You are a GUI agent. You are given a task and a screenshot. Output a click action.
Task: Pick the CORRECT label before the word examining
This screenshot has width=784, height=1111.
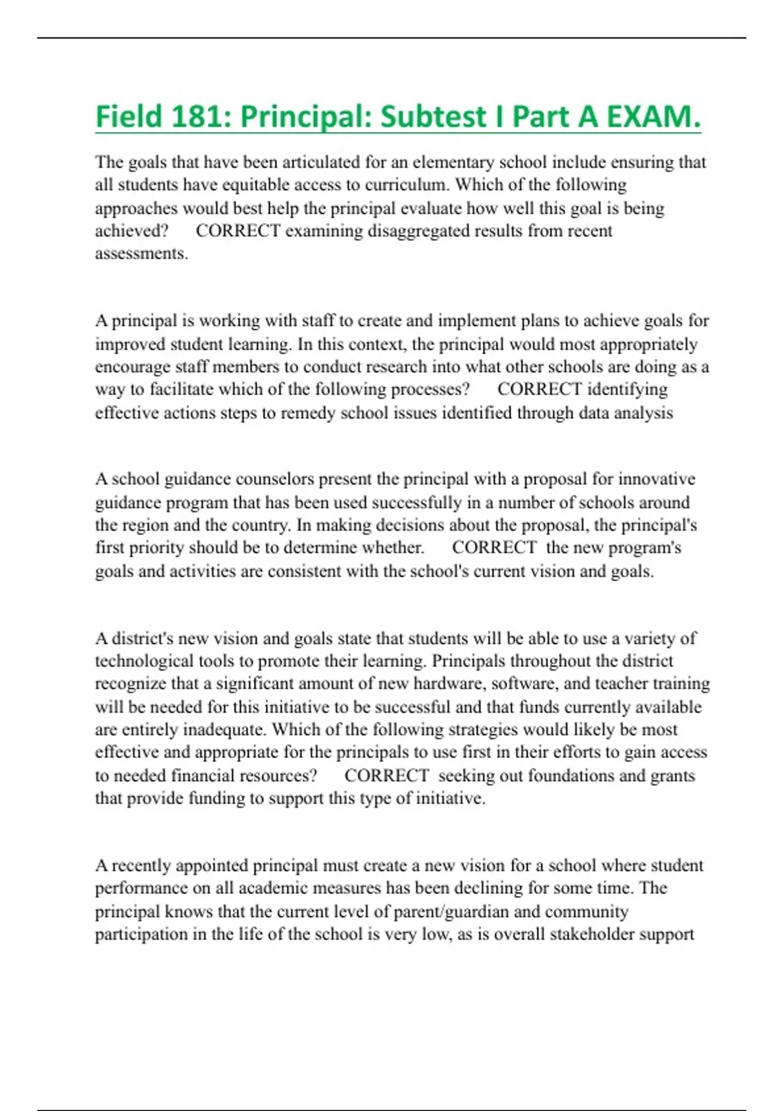click(238, 231)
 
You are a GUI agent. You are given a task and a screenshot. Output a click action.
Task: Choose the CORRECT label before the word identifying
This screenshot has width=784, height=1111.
click(539, 390)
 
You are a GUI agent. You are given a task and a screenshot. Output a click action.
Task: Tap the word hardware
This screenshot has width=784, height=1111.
click(449, 684)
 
